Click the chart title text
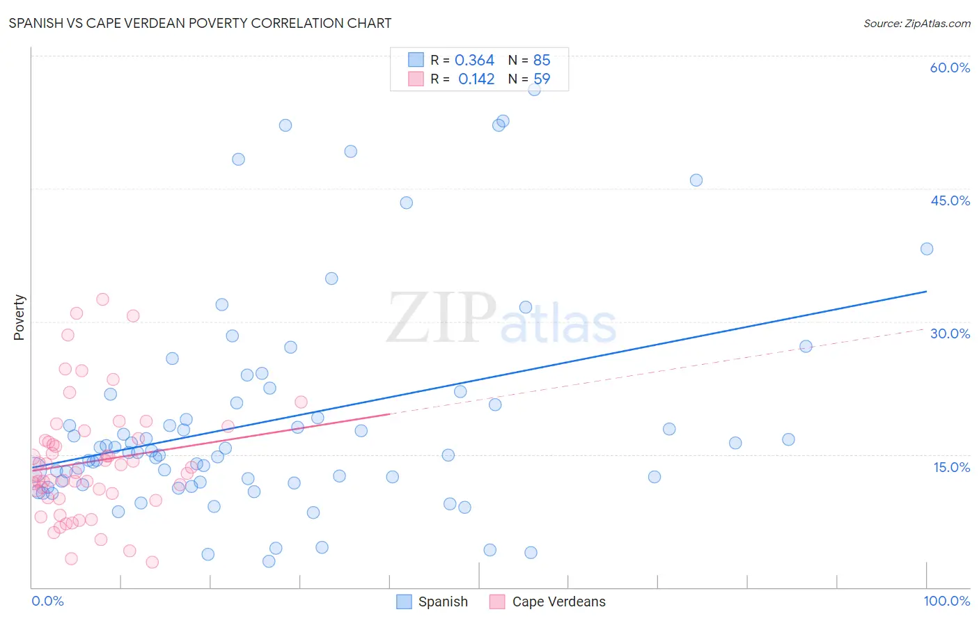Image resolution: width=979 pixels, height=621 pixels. [200, 23]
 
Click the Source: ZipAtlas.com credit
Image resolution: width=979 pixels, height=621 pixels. [916, 23]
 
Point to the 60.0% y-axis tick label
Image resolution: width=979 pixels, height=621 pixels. [950, 68]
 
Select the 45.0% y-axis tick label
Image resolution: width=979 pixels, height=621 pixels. [950, 201]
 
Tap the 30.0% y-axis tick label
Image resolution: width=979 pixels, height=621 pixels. [950, 333]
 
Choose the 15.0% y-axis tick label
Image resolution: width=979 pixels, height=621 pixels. [951, 467]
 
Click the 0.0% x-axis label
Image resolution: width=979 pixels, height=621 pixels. [47, 601]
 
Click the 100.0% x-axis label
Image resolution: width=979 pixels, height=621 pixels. [946, 601]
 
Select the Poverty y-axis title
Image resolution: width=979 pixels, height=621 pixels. [19, 317]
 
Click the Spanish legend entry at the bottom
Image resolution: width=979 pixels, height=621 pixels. [432, 602]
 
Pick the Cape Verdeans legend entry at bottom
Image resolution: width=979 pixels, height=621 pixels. [548, 602]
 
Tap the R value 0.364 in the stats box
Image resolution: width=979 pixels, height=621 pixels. [474, 61]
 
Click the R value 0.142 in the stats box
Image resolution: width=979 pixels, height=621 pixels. [476, 79]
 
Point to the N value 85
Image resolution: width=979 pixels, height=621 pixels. [542, 61]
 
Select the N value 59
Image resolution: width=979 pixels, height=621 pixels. [542, 79]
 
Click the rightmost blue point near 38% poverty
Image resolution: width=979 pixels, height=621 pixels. [926, 249]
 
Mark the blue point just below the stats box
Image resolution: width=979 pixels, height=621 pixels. [534, 90]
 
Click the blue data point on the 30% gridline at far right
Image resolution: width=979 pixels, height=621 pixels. [806, 347]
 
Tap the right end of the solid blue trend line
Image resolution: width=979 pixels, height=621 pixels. [926, 291]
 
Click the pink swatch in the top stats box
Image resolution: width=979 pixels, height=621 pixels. [416, 79]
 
